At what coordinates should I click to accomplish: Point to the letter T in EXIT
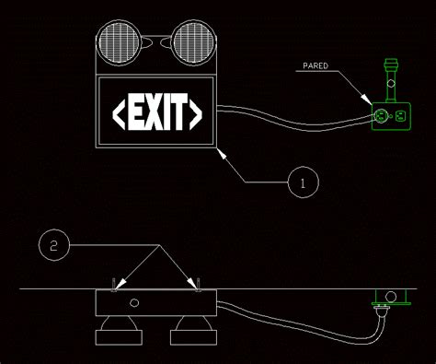pos(181,112)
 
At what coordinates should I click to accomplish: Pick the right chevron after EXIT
pos(196,112)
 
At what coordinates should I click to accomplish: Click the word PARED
pos(316,66)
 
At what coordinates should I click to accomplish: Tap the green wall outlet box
pos(389,116)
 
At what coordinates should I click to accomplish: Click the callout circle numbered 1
pos(304,182)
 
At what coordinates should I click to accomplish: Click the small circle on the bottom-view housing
pos(134,303)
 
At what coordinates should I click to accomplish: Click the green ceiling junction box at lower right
pos(389,297)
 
